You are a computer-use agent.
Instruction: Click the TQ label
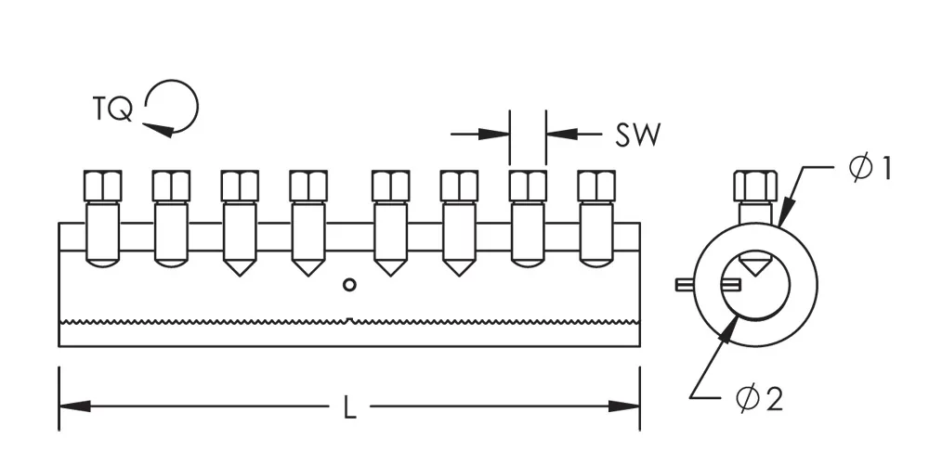pos(112,110)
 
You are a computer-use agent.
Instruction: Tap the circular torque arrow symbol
pos(174,107)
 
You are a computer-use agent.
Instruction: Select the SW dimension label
pos(637,135)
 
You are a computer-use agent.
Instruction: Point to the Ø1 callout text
pos(870,169)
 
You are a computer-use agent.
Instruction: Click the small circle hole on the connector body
pos(349,285)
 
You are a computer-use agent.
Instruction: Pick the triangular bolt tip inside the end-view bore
pos(753,264)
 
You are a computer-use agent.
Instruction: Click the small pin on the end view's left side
pos(684,283)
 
